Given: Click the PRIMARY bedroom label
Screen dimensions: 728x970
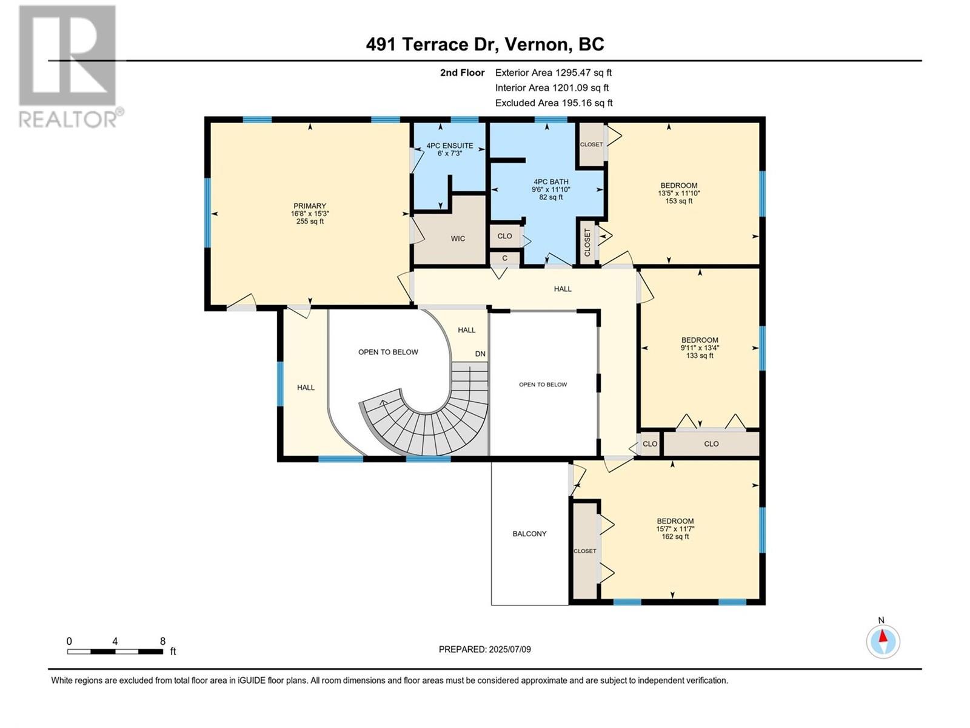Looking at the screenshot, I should (310, 206).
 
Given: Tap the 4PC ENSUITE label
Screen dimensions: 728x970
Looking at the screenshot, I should (449, 146).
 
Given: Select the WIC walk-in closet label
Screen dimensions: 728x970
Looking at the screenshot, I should (458, 238).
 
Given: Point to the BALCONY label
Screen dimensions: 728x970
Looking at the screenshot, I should (529, 534).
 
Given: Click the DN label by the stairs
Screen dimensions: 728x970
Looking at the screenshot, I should (480, 354).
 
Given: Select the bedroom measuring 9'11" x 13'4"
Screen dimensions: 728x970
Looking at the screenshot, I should (700, 348).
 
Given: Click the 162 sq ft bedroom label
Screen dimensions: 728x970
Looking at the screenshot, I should (675, 528).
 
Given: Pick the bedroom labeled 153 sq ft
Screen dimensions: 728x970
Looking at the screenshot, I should (678, 193).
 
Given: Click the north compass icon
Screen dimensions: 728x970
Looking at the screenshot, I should (883, 641).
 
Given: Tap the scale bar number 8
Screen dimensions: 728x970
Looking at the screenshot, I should (162, 641).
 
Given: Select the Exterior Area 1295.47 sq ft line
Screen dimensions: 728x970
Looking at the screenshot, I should (553, 72).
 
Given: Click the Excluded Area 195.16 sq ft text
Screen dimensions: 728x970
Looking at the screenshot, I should (554, 103).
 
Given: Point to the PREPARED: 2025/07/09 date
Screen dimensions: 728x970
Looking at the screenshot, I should (484, 649).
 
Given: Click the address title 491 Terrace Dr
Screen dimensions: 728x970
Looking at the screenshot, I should (485, 44).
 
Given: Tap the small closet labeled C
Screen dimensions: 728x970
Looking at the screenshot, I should (504, 258).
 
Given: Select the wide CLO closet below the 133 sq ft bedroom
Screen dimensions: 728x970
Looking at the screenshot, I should (711, 443).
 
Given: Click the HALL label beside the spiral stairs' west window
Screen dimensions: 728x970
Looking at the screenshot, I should (306, 387).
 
